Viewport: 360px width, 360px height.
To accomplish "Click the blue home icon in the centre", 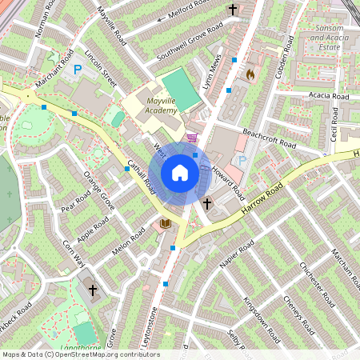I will point(180,173).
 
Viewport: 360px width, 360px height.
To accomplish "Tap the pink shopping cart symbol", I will point(191,138).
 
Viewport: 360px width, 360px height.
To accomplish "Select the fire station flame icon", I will point(250,74).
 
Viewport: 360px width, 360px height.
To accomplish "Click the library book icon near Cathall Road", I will point(166,222).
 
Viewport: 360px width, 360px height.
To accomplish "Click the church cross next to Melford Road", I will point(234,10).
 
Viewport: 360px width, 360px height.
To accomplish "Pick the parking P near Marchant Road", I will point(78,71).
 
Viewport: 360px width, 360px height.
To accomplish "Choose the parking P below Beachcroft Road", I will point(242,161).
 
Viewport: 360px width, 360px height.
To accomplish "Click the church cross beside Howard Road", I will point(206,203).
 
